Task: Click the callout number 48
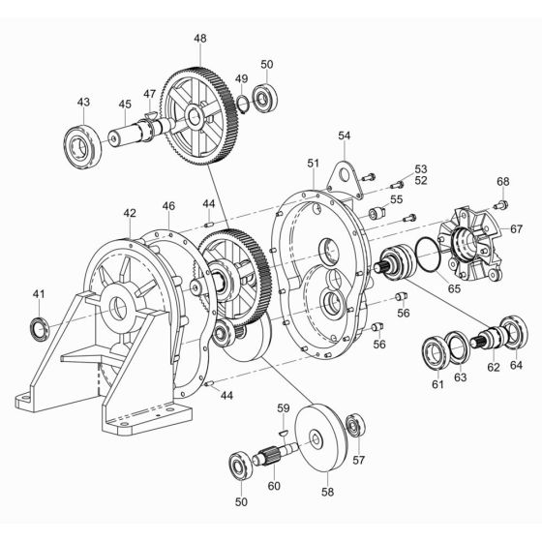(x=199, y=39)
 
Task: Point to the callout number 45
(x=125, y=105)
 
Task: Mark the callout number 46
(x=168, y=206)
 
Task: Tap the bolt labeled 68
(x=500, y=204)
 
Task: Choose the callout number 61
(x=437, y=386)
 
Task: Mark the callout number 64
(x=515, y=366)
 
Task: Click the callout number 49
(x=241, y=78)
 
